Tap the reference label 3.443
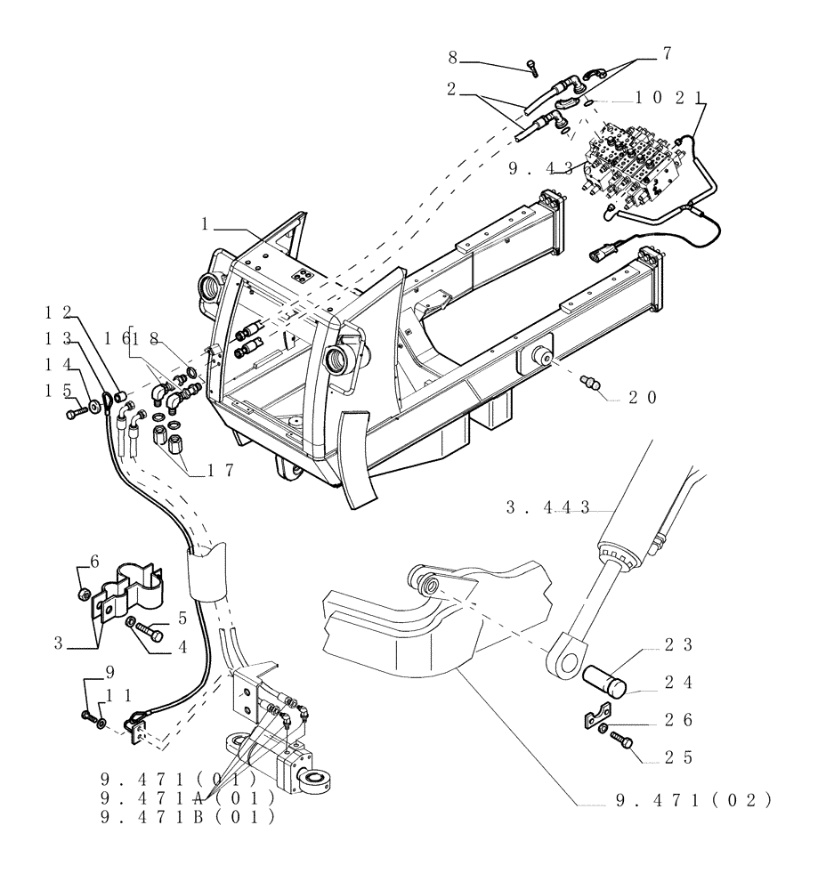pos(548,507)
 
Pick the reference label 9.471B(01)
pos(187,816)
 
